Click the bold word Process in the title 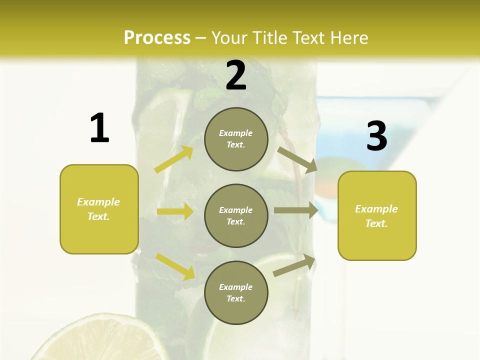tap(157, 38)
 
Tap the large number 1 tap(99, 128)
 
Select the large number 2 tap(236, 76)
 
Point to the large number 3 tap(376, 136)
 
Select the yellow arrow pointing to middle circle tap(175, 211)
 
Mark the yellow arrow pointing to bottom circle tap(175, 266)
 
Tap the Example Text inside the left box tap(98, 209)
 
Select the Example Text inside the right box tap(376, 216)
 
